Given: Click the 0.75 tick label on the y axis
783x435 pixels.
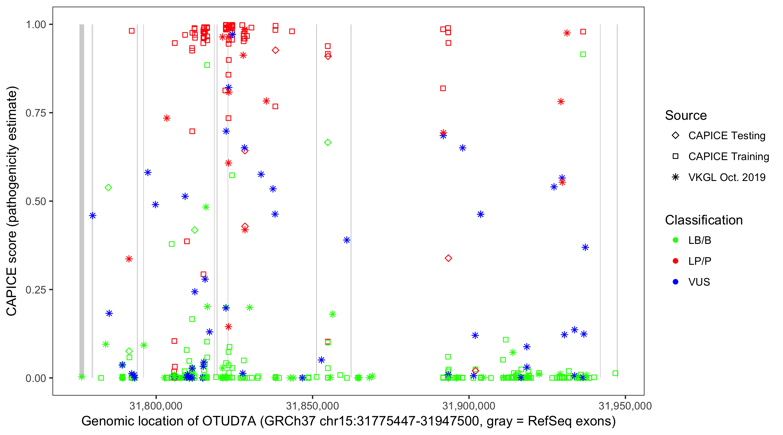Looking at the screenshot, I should pyautogui.click(x=35, y=113).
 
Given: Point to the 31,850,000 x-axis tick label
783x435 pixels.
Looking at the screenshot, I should pyautogui.click(x=312, y=406).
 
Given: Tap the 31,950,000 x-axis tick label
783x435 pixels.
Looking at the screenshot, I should pyautogui.click(x=625, y=406).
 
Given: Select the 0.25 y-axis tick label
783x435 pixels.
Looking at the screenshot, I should pyautogui.click(x=35, y=290).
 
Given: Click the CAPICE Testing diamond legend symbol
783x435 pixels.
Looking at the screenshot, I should pyautogui.click(x=675, y=136).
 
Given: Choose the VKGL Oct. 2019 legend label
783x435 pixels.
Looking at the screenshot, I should pyautogui.click(x=727, y=177).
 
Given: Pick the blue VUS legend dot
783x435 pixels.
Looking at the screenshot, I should pyautogui.click(x=675, y=282).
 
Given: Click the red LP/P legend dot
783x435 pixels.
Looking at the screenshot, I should pyautogui.click(x=675, y=261).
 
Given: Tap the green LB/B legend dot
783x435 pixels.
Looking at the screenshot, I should pyautogui.click(x=675, y=240).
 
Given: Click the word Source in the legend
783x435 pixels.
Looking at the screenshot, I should pyautogui.click(x=686, y=115).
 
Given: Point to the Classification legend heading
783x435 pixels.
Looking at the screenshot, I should pyautogui.click(x=704, y=220).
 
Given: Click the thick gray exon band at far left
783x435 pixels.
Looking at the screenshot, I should pyautogui.click(x=82, y=201).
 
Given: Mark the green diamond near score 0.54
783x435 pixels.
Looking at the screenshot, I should pyautogui.click(x=108, y=188).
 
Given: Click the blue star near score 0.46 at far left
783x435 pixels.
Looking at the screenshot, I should pyautogui.click(x=93, y=216).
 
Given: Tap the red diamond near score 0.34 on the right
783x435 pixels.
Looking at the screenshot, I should pyautogui.click(x=448, y=258).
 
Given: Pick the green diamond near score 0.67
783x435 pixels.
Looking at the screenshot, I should pyautogui.click(x=328, y=143).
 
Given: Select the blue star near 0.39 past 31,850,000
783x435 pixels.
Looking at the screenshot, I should pyautogui.click(x=347, y=240).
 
